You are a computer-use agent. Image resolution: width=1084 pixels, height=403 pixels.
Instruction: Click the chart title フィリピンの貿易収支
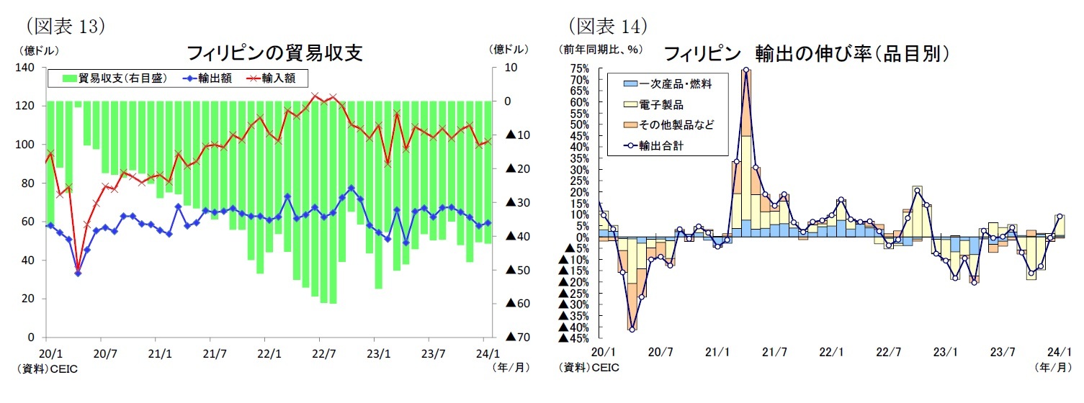(x=274, y=53)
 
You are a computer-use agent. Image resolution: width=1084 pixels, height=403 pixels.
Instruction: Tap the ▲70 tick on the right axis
(x=517, y=337)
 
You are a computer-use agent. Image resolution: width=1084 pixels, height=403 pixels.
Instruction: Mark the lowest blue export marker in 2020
(x=78, y=273)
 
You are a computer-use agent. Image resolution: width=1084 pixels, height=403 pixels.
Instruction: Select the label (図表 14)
(x=608, y=27)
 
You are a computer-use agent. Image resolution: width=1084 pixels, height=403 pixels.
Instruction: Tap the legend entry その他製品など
(x=676, y=125)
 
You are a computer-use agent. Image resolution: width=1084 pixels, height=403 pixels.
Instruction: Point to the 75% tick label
(x=580, y=68)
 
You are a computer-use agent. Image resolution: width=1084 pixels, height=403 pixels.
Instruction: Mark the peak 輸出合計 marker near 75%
(x=745, y=71)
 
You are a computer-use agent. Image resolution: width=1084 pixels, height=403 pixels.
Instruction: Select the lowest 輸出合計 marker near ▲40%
(x=632, y=329)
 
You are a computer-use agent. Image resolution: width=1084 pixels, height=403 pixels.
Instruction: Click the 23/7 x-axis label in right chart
(x=1003, y=353)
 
